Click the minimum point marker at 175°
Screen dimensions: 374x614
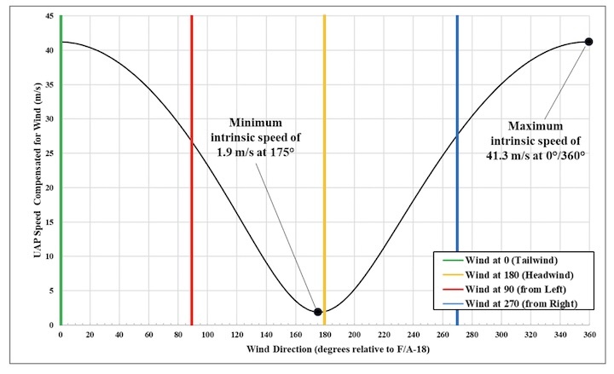pyautogui.click(x=318, y=312)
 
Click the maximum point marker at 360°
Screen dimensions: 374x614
pyautogui.click(x=588, y=42)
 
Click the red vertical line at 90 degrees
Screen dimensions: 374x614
pyautogui.click(x=192, y=170)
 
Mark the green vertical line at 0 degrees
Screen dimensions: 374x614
pyautogui.click(x=61, y=170)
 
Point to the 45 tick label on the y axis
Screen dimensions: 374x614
pyautogui.click(x=49, y=16)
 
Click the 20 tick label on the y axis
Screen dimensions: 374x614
pyautogui.click(x=49, y=187)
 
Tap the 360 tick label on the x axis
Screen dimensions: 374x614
pyautogui.click(x=588, y=336)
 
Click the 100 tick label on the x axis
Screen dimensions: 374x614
pyautogui.click(x=207, y=336)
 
